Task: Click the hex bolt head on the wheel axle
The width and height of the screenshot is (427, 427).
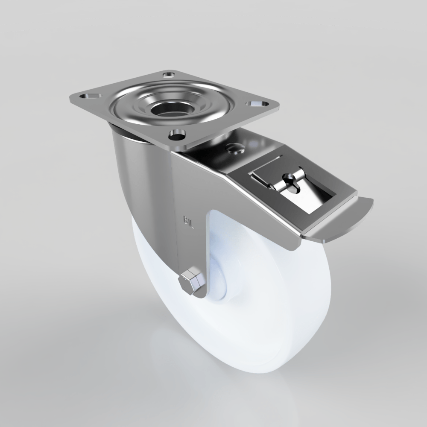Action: (x=191, y=283)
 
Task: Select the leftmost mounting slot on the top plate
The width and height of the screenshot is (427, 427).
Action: (x=89, y=95)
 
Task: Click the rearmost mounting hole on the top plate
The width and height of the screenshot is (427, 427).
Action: (x=169, y=75)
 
